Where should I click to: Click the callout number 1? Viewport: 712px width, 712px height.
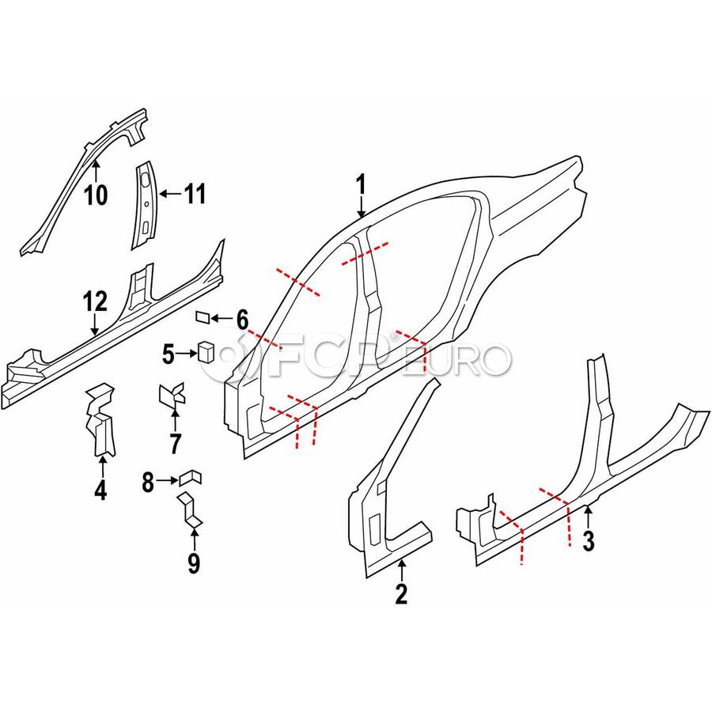tap(361, 187)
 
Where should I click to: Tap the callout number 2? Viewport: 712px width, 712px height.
tap(401, 593)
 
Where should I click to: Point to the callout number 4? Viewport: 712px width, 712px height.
tap(100, 490)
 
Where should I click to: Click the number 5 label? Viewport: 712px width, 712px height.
tap(168, 354)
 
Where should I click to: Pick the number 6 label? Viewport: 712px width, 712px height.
tap(242, 320)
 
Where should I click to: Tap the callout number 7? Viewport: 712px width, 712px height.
tap(175, 443)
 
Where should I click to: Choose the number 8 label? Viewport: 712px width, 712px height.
tap(147, 479)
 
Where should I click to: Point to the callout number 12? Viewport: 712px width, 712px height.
tap(94, 301)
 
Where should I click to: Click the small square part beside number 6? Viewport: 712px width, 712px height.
tap(203, 318)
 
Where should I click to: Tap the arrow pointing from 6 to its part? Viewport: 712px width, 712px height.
tap(222, 319)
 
